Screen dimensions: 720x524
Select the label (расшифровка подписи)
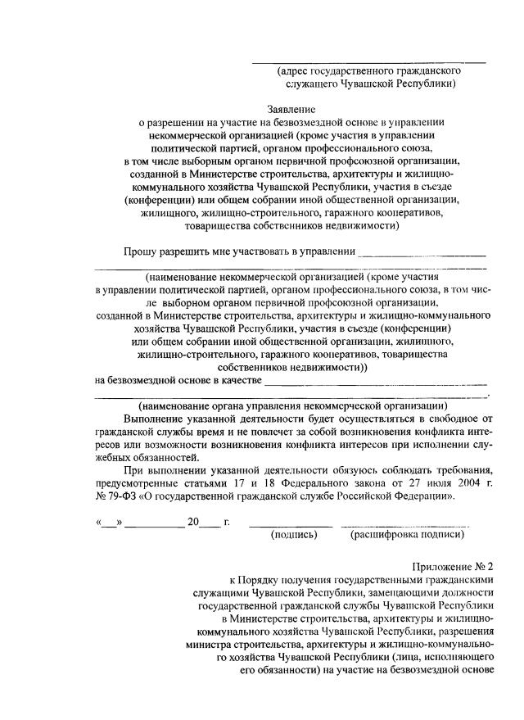(x=407, y=535)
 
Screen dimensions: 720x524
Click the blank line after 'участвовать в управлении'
(x=423, y=255)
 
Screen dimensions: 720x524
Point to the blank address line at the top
(x=368, y=62)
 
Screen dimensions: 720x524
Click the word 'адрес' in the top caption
(x=295, y=71)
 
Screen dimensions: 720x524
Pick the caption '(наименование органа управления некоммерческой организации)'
(x=292, y=405)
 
